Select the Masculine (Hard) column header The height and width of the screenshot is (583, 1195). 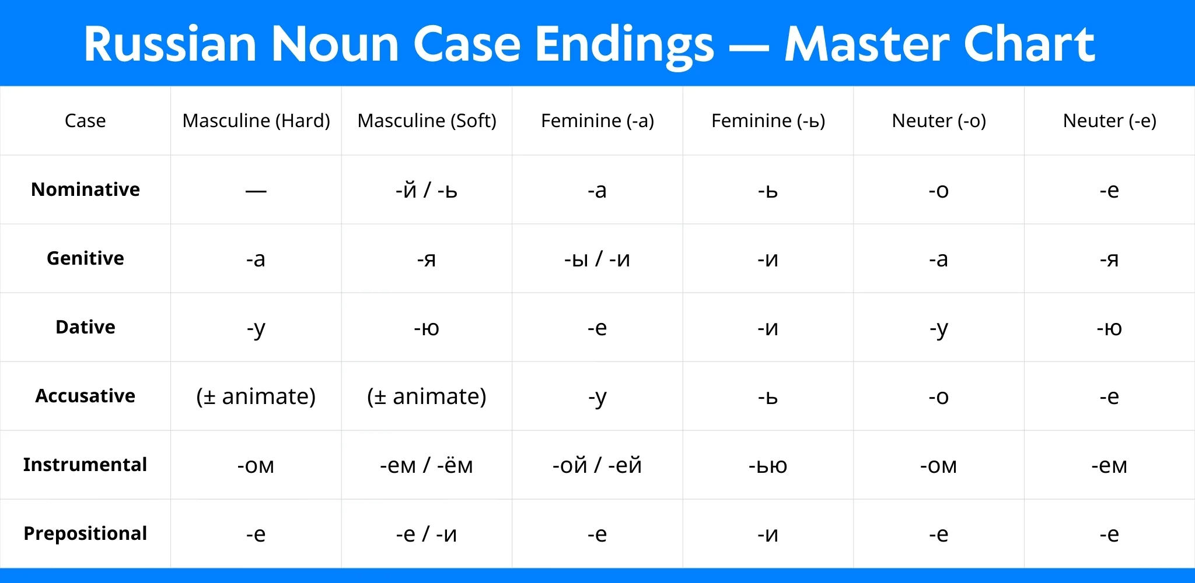pyautogui.click(x=256, y=121)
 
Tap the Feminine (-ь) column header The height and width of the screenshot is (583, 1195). pyautogui.click(x=768, y=121)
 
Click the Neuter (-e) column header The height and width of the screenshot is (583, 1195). pyautogui.click(x=1109, y=121)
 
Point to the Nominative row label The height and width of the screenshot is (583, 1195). pyautogui.click(x=85, y=189)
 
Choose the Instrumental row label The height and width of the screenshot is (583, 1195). pyautogui.click(x=85, y=465)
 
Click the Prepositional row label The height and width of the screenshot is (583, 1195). pyautogui.click(x=85, y=533)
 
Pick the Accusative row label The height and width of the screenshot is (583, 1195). pyautogui.click(x=85, y=396)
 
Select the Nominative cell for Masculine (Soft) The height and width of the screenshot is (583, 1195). pyautogui.click(x=427, y=190)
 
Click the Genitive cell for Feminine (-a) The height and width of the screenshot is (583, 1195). pyautogui.click(x=597, y=259)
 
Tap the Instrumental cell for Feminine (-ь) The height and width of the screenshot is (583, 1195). pyautogui.click(x=768, y=465)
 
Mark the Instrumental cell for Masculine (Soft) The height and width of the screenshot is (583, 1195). pyautogui.click(x=427, y=465)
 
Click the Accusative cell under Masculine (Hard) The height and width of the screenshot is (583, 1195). pyautogui.click(x=256, y=396)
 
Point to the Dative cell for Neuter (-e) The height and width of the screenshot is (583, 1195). pyautogui.click(x=1109, y=328)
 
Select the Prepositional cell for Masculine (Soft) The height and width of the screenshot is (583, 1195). pyautogui.click(x=427, y=534)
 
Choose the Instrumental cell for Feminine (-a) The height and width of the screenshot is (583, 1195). pyautogui.click(x=597, y=465)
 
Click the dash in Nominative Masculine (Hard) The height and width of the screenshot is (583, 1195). pyautogui.click(x=256, y=191)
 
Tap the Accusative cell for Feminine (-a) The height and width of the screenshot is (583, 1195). pyautogui.click(x=597, y=396)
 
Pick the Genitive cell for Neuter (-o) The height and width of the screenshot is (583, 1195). pyautogui.click(x=938, y=259)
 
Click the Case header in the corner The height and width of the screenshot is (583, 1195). pyautogui.click(x=85, y=121)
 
